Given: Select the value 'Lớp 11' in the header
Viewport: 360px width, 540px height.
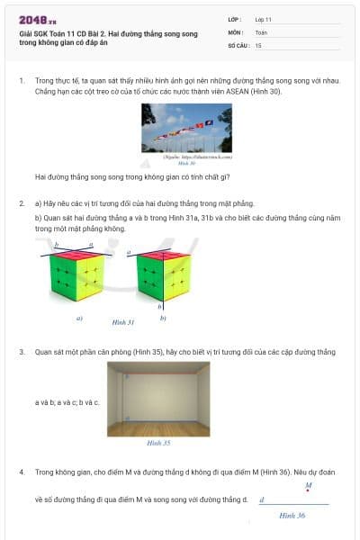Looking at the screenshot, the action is (x=264, y=19).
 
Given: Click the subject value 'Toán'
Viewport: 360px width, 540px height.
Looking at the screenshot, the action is (x=261, y=31).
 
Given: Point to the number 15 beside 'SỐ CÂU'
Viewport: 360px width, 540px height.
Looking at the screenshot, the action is (x=258, y=44).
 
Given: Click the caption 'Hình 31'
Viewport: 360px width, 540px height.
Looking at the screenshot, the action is (x=122, y=321).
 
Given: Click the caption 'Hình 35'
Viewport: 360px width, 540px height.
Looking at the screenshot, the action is (x=158, y=443).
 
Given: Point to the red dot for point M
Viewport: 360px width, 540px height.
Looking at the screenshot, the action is (x=308, y=492).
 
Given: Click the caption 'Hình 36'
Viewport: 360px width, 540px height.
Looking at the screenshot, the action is (x=292, y=515).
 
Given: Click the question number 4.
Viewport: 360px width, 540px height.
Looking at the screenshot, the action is (x=22, y=472).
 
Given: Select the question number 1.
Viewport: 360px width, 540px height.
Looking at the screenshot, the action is (x=22, y=81).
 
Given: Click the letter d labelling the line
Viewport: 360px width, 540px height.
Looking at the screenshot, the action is (x=261, y=499).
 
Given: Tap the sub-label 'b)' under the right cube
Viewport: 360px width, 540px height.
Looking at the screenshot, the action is (x=163, y=318).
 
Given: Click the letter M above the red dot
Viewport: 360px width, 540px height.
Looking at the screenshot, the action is (x=308, y=485).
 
